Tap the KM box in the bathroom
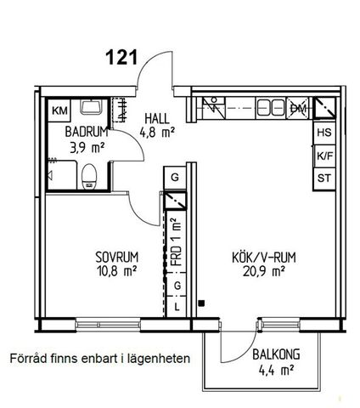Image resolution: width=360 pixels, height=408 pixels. (60, 110)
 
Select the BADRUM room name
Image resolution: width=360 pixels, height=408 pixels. (85, 133)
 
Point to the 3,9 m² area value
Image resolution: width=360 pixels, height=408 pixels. (87, 147)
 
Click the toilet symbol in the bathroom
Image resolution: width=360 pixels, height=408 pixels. (92, 176)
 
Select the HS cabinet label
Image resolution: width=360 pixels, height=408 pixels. (323, 133)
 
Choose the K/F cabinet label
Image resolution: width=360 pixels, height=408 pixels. (323, 156)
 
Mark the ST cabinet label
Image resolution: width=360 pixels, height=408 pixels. (323, 178)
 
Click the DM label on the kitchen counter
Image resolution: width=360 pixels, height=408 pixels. (298, 108)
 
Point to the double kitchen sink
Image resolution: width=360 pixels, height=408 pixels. (270, 108)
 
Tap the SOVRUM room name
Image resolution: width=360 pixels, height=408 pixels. (115, 256)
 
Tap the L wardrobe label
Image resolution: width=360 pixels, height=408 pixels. (177, 305)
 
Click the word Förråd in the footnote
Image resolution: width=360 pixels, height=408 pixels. (28, 358)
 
